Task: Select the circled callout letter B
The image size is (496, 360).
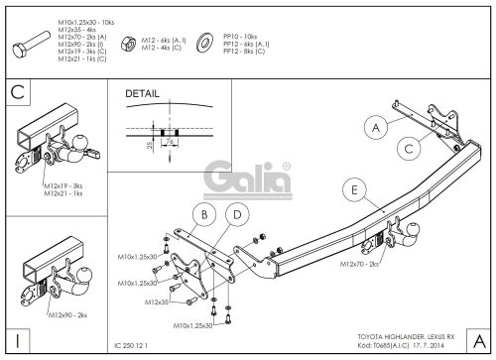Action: click(204, 215)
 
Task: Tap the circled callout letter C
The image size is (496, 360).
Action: click(408, 149)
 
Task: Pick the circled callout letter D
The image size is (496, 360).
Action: click(236, 215)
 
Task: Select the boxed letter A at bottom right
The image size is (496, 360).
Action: click(477, 340)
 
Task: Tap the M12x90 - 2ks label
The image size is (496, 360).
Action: click(65, 313)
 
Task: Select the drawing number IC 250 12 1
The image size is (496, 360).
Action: click(136, 347)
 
